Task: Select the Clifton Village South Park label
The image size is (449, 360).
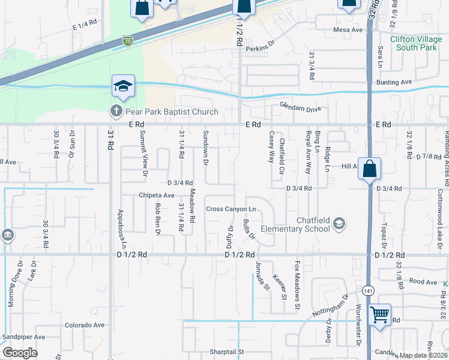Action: (414, 43)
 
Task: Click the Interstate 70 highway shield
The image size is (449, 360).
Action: (127, 41)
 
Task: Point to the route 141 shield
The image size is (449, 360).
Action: (367, 290)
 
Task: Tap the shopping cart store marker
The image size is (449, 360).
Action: (379, 314)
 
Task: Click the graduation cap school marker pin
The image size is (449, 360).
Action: (123, 88)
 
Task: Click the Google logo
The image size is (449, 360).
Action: (20, 353)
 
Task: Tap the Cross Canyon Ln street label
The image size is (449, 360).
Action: (231, 209)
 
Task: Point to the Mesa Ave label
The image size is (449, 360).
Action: (348, 29)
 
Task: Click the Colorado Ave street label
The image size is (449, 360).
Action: (85, 325)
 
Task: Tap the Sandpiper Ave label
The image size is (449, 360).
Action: (23, 337)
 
